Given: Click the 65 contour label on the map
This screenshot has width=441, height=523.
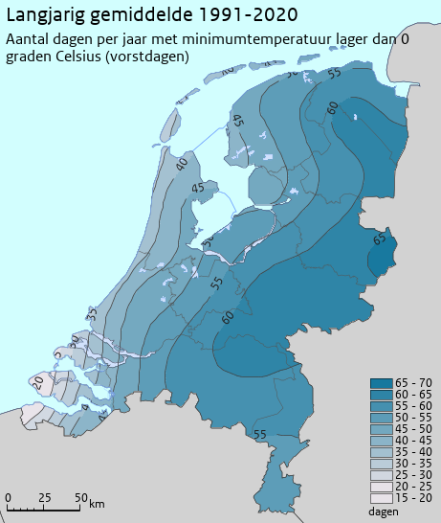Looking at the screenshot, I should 380,239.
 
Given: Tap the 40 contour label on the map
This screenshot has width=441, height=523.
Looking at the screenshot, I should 182,164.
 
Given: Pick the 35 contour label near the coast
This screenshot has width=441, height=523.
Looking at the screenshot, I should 93,314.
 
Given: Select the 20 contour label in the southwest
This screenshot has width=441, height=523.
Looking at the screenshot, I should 38,381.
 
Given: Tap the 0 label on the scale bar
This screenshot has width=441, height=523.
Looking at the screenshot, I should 8,497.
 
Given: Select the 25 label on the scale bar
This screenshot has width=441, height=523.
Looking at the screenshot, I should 44,497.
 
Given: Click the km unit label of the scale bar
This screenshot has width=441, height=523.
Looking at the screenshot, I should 97,504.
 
